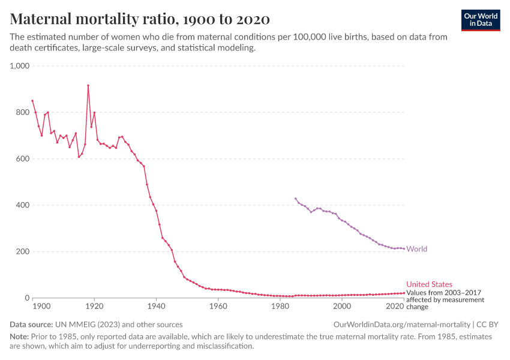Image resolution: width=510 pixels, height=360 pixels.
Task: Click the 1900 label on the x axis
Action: [x=41, y=307]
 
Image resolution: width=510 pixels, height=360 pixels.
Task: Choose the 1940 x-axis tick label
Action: [x=156, y=307]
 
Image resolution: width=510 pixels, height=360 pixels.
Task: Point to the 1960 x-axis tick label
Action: [x=218, y=307]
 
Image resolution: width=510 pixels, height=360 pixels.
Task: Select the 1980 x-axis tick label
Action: [x=280, y=307]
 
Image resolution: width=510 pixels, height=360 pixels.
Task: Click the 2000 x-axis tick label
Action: [x=341, y=307]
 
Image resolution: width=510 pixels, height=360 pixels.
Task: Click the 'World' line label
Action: [x=417, y=249]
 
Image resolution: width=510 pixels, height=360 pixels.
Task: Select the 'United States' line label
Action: [x=429, y=284]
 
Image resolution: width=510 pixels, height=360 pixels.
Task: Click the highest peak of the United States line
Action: [x=88, y=85]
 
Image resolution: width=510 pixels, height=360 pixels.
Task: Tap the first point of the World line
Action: [x=295, y=199]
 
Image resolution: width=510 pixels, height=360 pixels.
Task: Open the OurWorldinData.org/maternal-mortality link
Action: [x=401, y=325]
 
